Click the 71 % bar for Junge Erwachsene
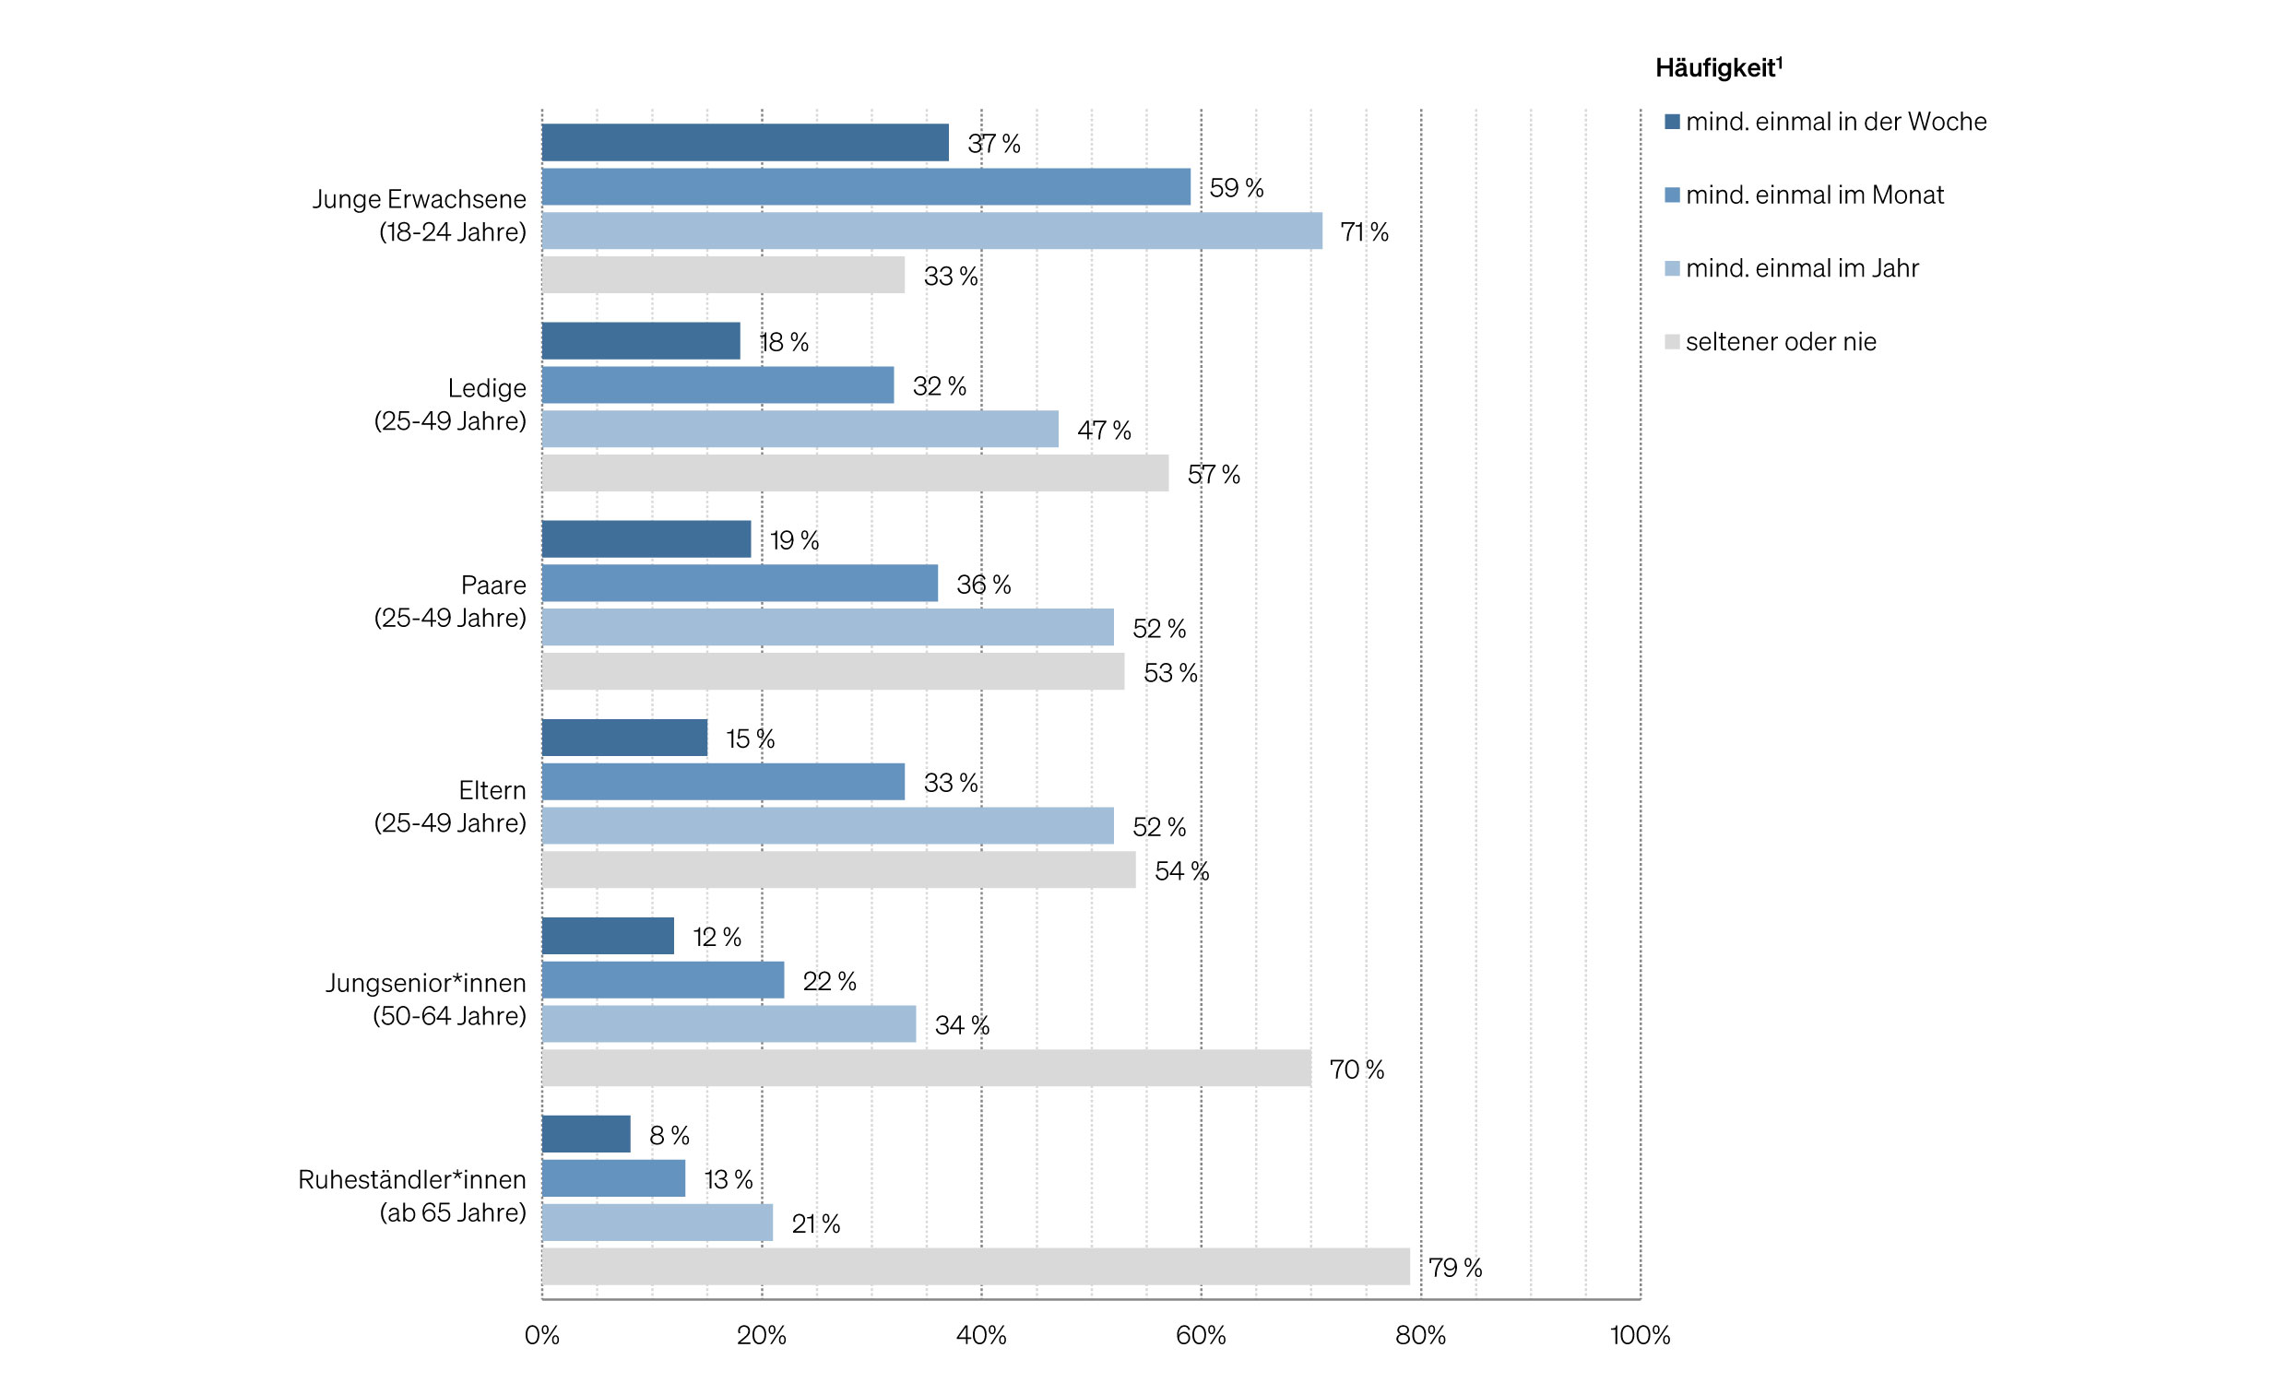click(x=931, y=231)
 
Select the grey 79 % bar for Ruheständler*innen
click(x=975, y=1266)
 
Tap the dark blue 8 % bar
click(x=586, y=1133)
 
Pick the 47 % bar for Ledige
click(x=800, y=429)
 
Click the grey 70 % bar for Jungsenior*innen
click(x=925, y=1068)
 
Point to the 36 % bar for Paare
click(x=739, y=583)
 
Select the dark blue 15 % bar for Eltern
click(x=623, y=737)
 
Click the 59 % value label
click(x=1236, y=187)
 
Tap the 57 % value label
click(x=1213, y=474)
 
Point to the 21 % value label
click(x=815, y=1223)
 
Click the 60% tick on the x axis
click(x=1200, y=1335)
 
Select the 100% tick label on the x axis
click(x=1639, y=1335)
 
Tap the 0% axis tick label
click(x=542, y=1335)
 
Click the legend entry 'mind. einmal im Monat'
click(x=1814, y=195)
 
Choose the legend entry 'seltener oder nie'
click(x=1780, y=341)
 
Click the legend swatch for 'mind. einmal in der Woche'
click(x=1672, y=122)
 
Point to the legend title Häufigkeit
click(x=1718, y=67)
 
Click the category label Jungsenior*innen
click(x=426, y=983)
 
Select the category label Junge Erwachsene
click(x=420, y=198)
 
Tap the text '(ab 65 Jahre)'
click(x=453, y=1212)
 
